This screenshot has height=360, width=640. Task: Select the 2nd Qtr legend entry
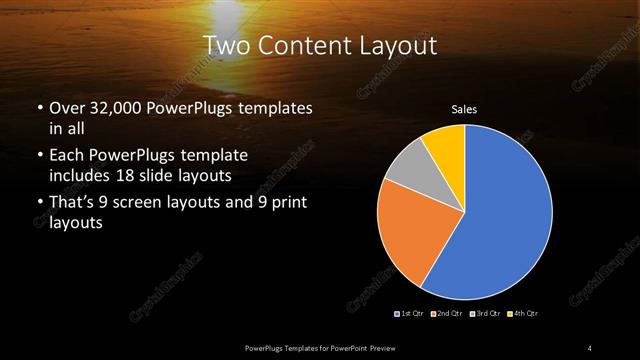point(447,314)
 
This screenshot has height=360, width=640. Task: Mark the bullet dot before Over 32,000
point(39,107)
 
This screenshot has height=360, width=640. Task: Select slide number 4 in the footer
point(590,347)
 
